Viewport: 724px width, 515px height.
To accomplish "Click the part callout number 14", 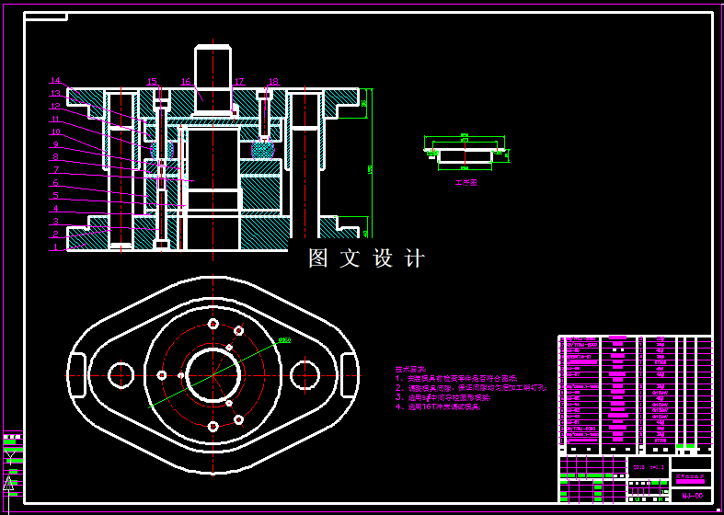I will pos(55,81).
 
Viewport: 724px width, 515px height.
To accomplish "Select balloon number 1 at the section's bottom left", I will pos(55,247).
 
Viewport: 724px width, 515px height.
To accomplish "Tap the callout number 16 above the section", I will pos(185,82).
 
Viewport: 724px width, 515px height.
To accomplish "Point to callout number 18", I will pos(273,82).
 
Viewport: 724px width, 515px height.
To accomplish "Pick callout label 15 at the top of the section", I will pos(152,82).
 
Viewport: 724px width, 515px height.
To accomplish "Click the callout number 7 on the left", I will pos(55,170).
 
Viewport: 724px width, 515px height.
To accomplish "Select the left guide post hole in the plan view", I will pos(121,374).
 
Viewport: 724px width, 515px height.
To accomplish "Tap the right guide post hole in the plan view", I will pos(305,374).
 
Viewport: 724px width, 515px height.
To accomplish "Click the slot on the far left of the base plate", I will pos(79,374).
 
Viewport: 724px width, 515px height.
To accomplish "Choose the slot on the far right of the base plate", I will pos(347,374).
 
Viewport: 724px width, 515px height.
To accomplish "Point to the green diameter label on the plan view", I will pos(284,341).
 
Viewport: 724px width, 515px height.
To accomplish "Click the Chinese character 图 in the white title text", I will pos(318,258).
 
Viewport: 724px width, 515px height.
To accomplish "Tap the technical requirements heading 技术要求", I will pos(410,369).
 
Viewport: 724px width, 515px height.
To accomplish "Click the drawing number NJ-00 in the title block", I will pos(692,496).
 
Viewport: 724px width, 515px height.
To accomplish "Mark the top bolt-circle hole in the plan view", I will pos(213,324).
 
